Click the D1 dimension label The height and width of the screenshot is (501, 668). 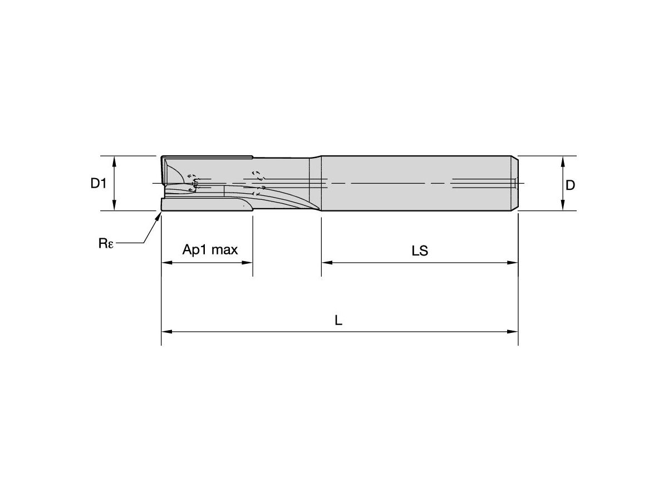tap(99, 184)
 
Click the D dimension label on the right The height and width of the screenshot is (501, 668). tap(570, 185)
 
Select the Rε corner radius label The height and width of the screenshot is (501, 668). tap(106, 244)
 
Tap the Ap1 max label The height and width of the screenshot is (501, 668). tap(210, 249)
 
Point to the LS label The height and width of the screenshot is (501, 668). tap(420, 251)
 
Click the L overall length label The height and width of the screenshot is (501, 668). tap(338, 320)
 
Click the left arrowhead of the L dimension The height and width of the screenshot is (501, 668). tap(166, 332)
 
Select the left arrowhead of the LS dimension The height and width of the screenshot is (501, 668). tap(326, 263)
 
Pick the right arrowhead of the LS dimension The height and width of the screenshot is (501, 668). tap(513, 263)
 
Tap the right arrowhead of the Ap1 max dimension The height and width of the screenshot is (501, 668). tap(248, 263)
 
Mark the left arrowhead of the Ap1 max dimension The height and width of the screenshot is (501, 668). tap(166, 263)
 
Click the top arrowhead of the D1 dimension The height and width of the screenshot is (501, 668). tap(115, 160)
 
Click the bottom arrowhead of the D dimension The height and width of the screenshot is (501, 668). tap(563, 207)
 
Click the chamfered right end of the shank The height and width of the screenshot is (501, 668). tap(515, 184)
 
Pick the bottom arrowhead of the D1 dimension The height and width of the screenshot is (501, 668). tap(115, 207)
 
